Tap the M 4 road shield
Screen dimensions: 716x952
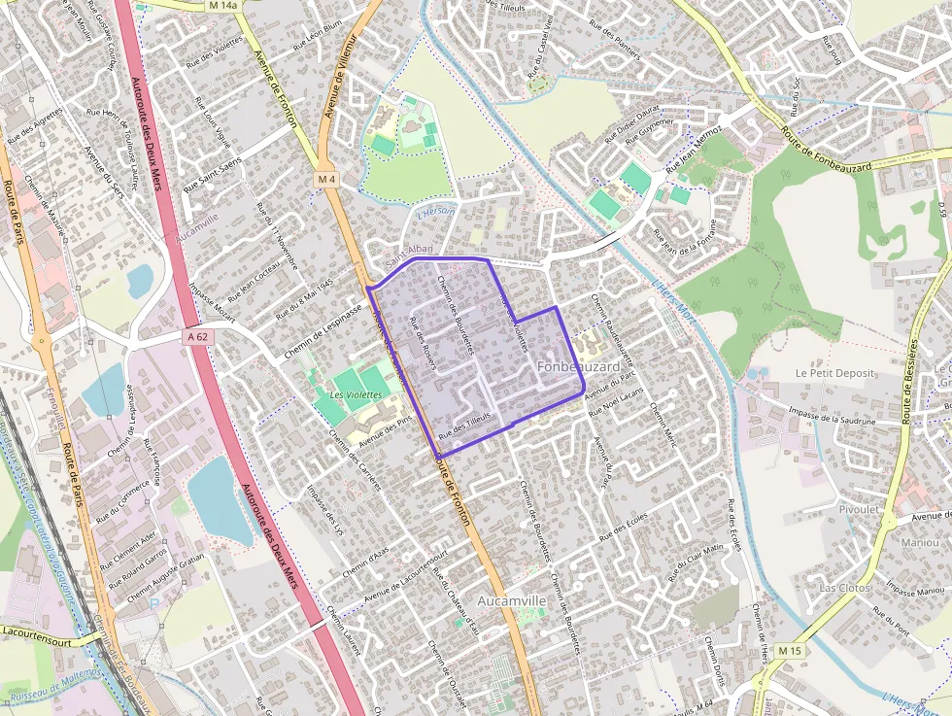pyautogui.click(x=326, y=181)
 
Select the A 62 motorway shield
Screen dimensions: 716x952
pyautogui.click(x=197, y=337)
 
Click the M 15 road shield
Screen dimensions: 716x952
pyautogui.click(x=791, y=650)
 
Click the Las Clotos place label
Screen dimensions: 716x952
pyautogui.click(x=843, y=588)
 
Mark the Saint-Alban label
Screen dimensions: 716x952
pyautogui.click(x=408, y=251)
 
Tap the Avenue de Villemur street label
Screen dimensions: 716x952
pyautogui.click(x=341, y=73)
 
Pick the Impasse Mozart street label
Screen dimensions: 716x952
pyautogui.click(x=213, y=299)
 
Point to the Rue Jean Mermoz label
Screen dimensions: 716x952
pyautogui.click(x=694, y=153)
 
